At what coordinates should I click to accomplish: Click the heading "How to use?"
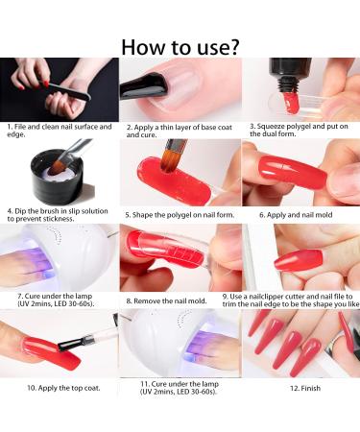[x=180, y=45]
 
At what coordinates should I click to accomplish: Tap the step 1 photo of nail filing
[x=60, y=88]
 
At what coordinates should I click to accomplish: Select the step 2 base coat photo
[x=180, y=88]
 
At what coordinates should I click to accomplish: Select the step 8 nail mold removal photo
[x=180, y=257]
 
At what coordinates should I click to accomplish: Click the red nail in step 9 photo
[x=299, y=258]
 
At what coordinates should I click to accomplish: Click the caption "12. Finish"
[x=300, y=389]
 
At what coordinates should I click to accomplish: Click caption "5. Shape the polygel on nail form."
[x=179, y=214]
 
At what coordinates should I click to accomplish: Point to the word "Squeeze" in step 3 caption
[x=272, y=126]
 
